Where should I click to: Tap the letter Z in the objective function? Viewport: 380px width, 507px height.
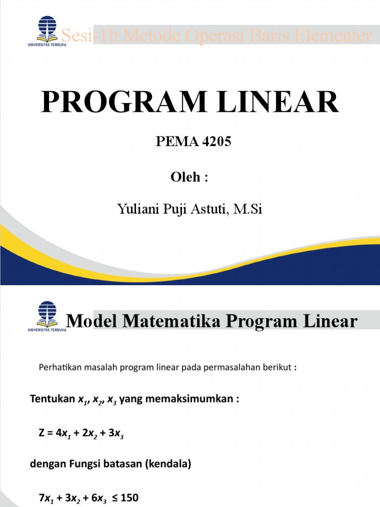(42, 433)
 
